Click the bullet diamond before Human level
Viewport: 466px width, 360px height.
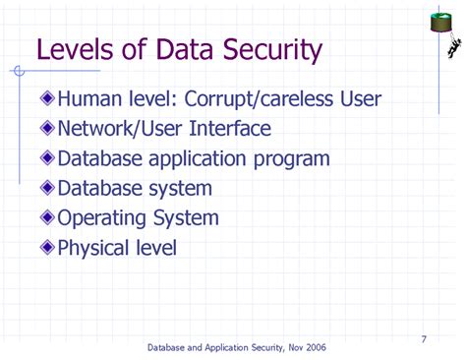(48, 99)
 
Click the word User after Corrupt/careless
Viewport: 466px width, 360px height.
(358, 99)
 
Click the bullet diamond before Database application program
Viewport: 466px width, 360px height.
(48, 159)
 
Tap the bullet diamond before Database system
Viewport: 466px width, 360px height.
(48, 189)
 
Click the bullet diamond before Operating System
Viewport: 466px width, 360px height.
(48, 218)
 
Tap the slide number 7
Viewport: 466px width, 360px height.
(424, 340)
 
